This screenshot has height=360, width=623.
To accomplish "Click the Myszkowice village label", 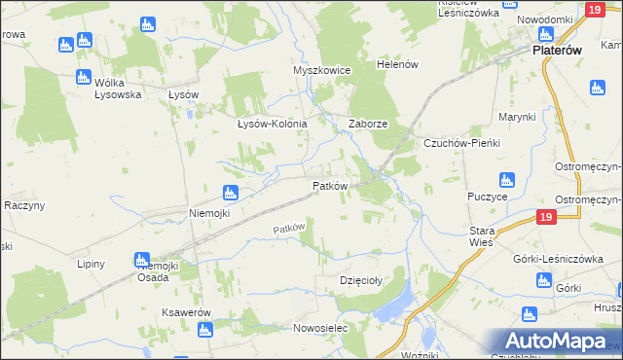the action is pyautogui.click(x=321, y=71).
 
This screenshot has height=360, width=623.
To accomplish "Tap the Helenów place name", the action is pyautogui.click(x=397, y=64).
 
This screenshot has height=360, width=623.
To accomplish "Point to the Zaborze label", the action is pyautogui.click(x=369, y=125).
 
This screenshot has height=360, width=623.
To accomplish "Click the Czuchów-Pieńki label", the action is pyautogui.click(x=461, y=143).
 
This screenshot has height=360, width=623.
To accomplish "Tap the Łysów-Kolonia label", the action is pyautogui.click(x=273, y=125).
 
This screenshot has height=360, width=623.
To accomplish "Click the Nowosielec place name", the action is pyautogui.click(x=320, y=329).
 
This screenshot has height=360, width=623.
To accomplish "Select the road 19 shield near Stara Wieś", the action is pyautogui.click(x=545, y=217).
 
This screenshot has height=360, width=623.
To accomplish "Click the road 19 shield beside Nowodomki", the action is pyautogui.click(x=596, y=10).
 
